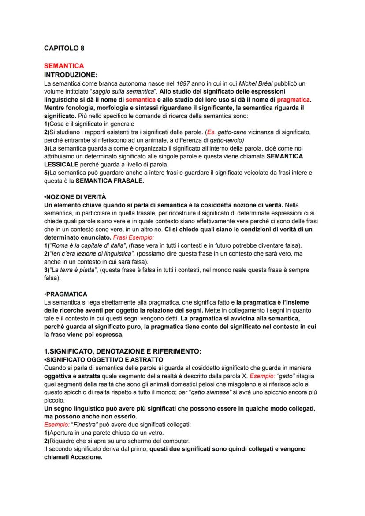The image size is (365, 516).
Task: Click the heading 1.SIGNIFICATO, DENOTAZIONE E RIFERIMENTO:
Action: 123,351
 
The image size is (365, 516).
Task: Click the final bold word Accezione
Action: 74,457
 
